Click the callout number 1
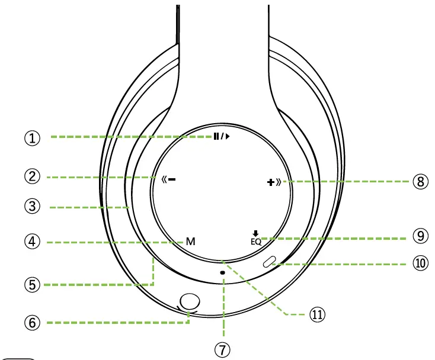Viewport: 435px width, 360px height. pos(32,138)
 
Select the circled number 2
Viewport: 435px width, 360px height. pos(32,176)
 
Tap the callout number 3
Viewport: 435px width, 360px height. pos(32,206)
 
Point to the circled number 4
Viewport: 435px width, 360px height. pos(32,242)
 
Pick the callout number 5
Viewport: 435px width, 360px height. pos(32,285)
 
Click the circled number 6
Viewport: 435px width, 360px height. pos(32,323)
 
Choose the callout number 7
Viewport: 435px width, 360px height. pos(222,350)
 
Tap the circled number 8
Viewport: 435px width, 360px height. pos(421,182)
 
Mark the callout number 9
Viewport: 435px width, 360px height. pos(421,236)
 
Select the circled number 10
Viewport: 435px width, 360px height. pos(421,263)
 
